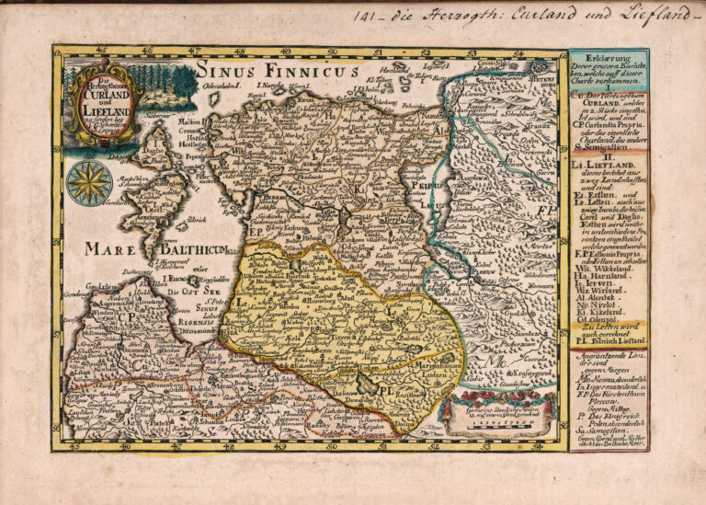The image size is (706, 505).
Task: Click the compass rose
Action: (x=89, y=182)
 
